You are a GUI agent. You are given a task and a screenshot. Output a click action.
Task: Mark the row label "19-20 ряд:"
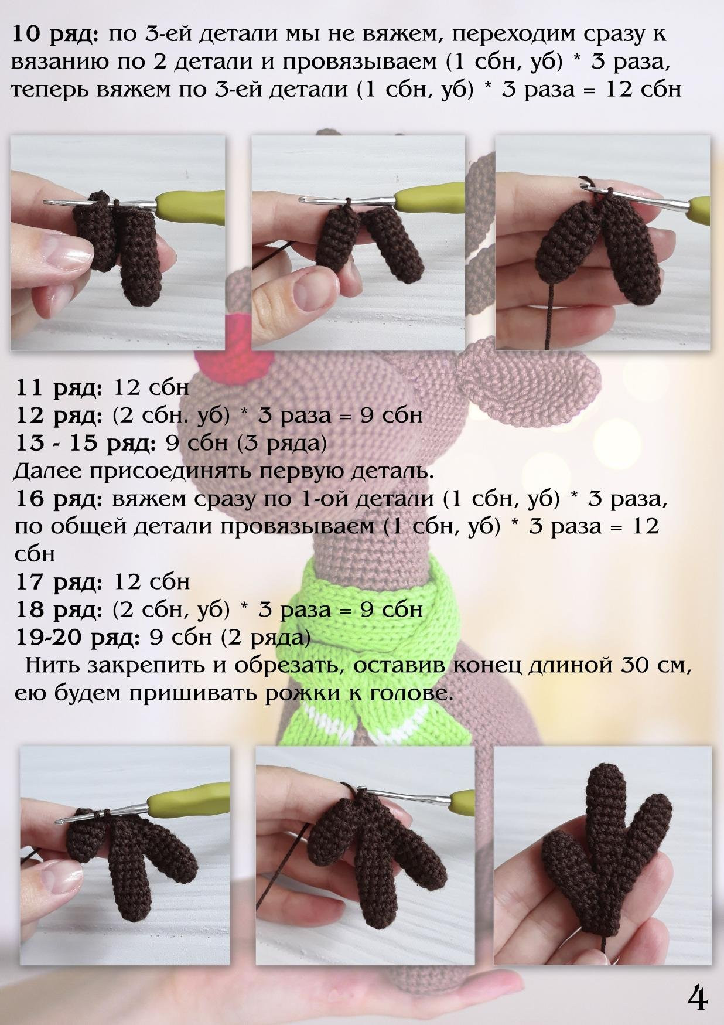77,637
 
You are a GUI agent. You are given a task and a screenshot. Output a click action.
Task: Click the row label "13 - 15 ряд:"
85,443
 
